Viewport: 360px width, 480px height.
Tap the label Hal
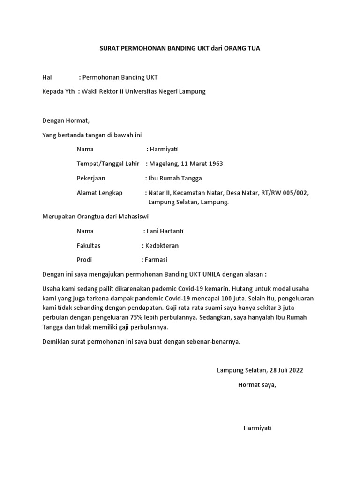tap(47, 77)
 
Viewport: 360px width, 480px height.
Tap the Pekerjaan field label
tap(91, 178)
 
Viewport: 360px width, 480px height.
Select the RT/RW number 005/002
tap(293, 193)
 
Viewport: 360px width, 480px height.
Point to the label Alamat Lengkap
tap(99, 193)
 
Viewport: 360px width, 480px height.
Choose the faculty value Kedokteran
tap(162, 245)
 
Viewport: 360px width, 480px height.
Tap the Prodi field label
tap(84, 260)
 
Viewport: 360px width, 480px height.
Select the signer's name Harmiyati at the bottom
tap(258, 428)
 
